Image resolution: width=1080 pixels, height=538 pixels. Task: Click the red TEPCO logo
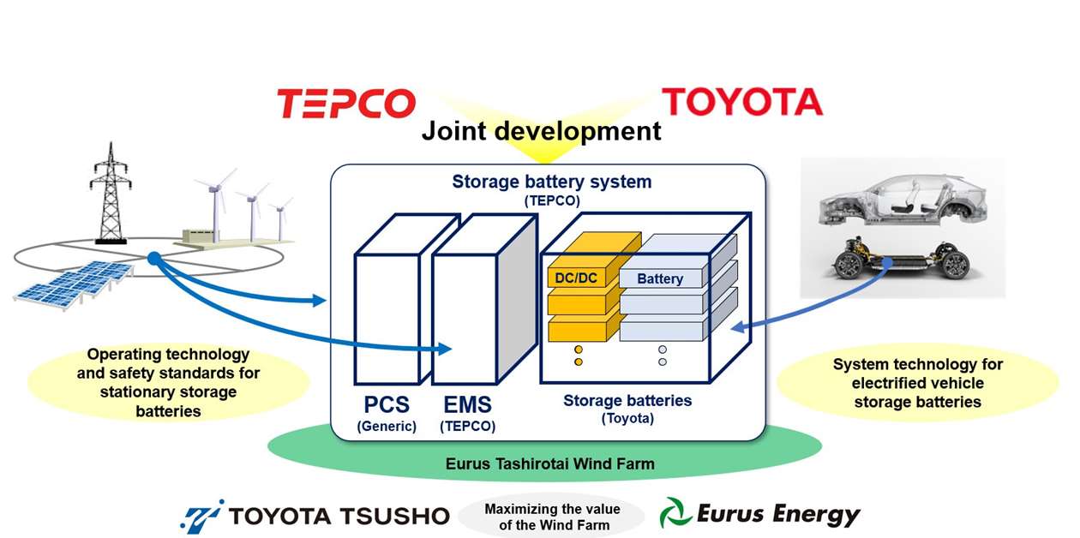click(345, 103)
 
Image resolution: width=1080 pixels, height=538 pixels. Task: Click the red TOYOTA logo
click(742, 102)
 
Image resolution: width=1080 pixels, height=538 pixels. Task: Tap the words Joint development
click(541, 131)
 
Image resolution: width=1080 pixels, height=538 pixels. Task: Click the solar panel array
click(74, 283)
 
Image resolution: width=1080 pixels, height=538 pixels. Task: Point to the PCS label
click(385, 404)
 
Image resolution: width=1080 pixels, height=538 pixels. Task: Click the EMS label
click(467, 404)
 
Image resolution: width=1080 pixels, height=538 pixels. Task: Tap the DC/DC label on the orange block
click(577, 278)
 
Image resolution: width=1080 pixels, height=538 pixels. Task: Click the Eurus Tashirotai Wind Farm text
click(549, 464)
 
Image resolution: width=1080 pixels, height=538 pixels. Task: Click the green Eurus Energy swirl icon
click(675, 514)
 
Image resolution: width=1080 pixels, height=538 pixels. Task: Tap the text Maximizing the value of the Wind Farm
click(552, 517)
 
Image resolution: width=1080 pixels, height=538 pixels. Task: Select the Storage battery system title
click(551, 182)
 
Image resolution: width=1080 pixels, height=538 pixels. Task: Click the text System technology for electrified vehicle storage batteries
click(917, 383)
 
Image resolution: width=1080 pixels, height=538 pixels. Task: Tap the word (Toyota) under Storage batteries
click(627, 418)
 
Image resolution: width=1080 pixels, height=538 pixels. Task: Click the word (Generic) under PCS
click(386, 426)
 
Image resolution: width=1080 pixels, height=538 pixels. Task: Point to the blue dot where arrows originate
click(153, 258)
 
